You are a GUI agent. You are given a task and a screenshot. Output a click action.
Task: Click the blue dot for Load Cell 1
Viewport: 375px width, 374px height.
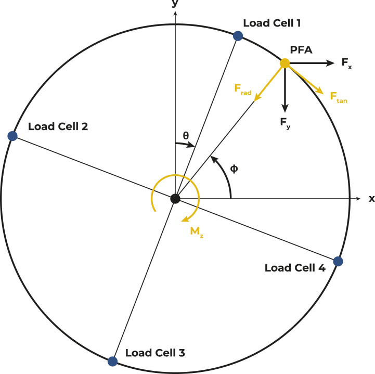click(x=238, y=35)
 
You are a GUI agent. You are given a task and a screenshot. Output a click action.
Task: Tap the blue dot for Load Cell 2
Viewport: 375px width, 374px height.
click(x=13, y=136)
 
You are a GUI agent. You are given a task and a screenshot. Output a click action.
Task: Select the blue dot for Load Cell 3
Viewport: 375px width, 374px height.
click(x=112, y=360)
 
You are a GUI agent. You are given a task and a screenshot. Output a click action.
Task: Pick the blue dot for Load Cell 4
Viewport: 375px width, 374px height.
click(x=338, y=261)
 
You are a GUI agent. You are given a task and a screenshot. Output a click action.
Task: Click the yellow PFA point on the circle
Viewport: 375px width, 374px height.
click(x=285, y=63)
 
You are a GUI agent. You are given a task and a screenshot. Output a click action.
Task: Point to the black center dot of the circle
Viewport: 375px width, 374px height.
click(x=175, y=198)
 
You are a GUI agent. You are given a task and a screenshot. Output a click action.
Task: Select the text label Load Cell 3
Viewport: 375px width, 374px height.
click(x=155, y=353)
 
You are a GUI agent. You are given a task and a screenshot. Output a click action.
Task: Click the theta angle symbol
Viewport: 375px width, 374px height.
click(x=186, y=136)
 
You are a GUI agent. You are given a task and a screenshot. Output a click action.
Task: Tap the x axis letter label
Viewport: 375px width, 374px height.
click(x=371, y=198)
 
